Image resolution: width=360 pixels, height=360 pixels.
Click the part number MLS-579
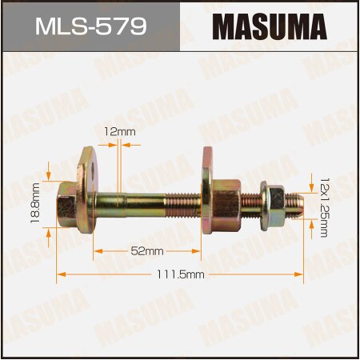coord(90,27)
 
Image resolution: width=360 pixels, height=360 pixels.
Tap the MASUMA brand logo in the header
coord(270,26)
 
